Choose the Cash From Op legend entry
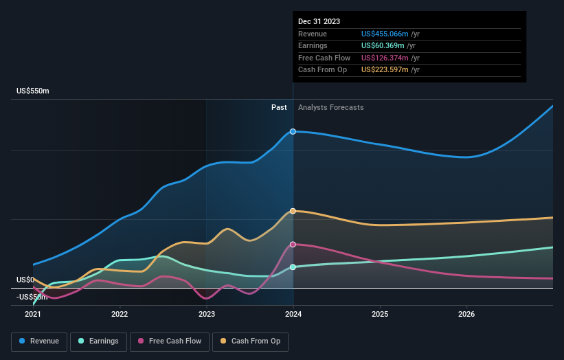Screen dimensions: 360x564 point(249,341)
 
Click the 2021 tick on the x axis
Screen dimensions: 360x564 point(33,314)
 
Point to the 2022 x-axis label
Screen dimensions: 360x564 point(120,314)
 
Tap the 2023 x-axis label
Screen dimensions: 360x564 point(206,314)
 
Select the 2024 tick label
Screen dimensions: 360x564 point(293,314)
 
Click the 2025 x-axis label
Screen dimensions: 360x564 point(380,314)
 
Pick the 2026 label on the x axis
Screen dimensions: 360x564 point(466,314)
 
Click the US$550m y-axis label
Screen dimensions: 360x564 point(33,91)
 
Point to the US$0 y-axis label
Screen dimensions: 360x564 point(25,280)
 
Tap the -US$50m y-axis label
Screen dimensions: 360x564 point(33,297)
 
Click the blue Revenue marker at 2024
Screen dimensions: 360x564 point(293,131)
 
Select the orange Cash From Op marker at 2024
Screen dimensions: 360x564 point(293,211)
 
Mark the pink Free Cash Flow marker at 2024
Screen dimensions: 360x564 point(293,245)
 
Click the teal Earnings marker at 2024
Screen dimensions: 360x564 point(293,267)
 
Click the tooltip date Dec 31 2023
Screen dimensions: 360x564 point(319,22)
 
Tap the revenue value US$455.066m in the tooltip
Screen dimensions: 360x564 point(385,34)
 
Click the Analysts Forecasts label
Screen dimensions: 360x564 point(330,107)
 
